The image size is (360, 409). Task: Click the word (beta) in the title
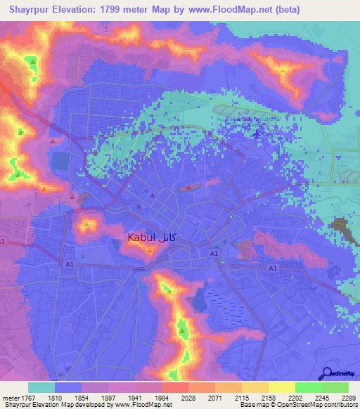pos(287,10)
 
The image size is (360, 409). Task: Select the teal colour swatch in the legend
pos(41,387)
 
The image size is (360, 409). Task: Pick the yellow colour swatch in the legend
pos(282,387)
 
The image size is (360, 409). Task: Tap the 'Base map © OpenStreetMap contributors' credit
pos(299,405)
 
